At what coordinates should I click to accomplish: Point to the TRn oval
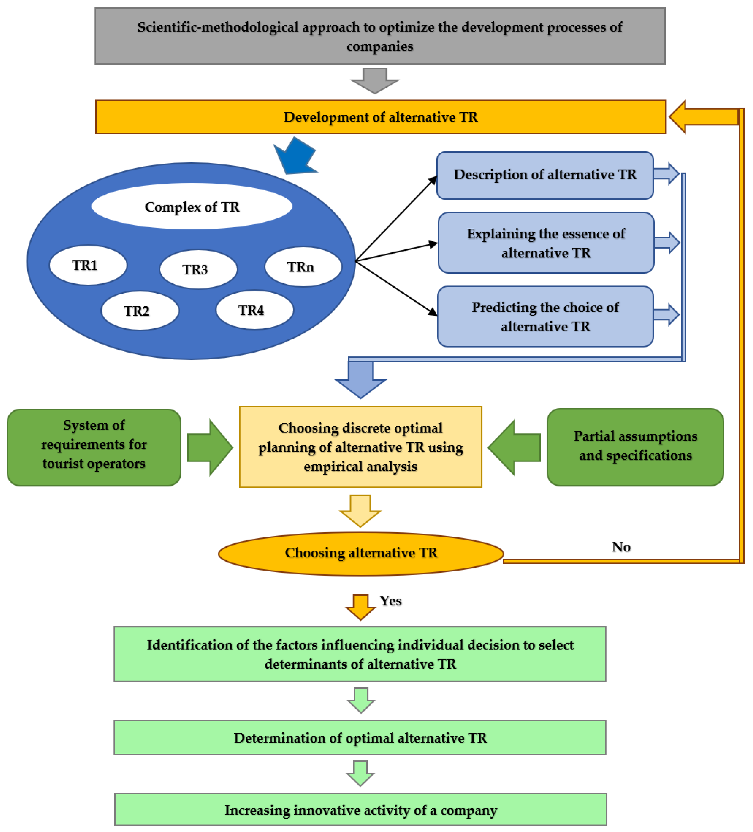point(303,267)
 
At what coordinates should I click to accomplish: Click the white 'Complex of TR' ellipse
point(192,206)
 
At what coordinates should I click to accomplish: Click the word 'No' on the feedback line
point(621,547)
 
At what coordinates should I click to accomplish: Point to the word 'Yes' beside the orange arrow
point(391,601)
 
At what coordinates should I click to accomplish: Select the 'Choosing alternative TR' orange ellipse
point(361,554)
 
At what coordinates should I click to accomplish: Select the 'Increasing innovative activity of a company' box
point(360,810)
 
